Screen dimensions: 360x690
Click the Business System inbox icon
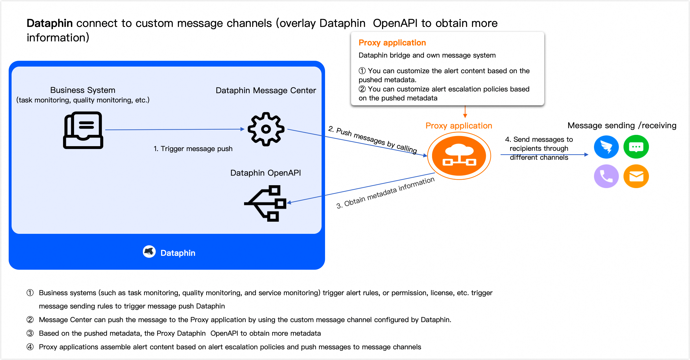pos(83,130)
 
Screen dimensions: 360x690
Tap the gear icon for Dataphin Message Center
pos(266,129)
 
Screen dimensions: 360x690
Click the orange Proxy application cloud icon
pos(459,156)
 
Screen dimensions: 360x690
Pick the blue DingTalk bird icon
pos(606,147)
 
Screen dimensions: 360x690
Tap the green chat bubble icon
pos(636,147)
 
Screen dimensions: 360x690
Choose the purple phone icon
pos(606,176)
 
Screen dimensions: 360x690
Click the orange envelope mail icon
pos(636,176)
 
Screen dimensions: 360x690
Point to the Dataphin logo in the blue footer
pos(149,252)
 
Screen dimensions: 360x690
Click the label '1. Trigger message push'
pos(193,149)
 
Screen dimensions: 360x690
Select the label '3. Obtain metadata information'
pos(385,193)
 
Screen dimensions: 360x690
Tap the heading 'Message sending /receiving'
pos(622,126)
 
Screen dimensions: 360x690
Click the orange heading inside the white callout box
pos(392,43)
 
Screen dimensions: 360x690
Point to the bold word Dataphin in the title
pos(49,23)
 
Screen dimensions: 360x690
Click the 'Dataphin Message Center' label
pos(266,91)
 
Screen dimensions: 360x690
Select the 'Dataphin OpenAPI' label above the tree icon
pos(265,173)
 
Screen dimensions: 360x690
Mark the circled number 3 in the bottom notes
pos(30,333)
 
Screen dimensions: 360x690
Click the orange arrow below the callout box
pos(465,112)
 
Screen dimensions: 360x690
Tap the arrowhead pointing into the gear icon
pos(242,129)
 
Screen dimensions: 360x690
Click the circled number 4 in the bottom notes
pos(30,347)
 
